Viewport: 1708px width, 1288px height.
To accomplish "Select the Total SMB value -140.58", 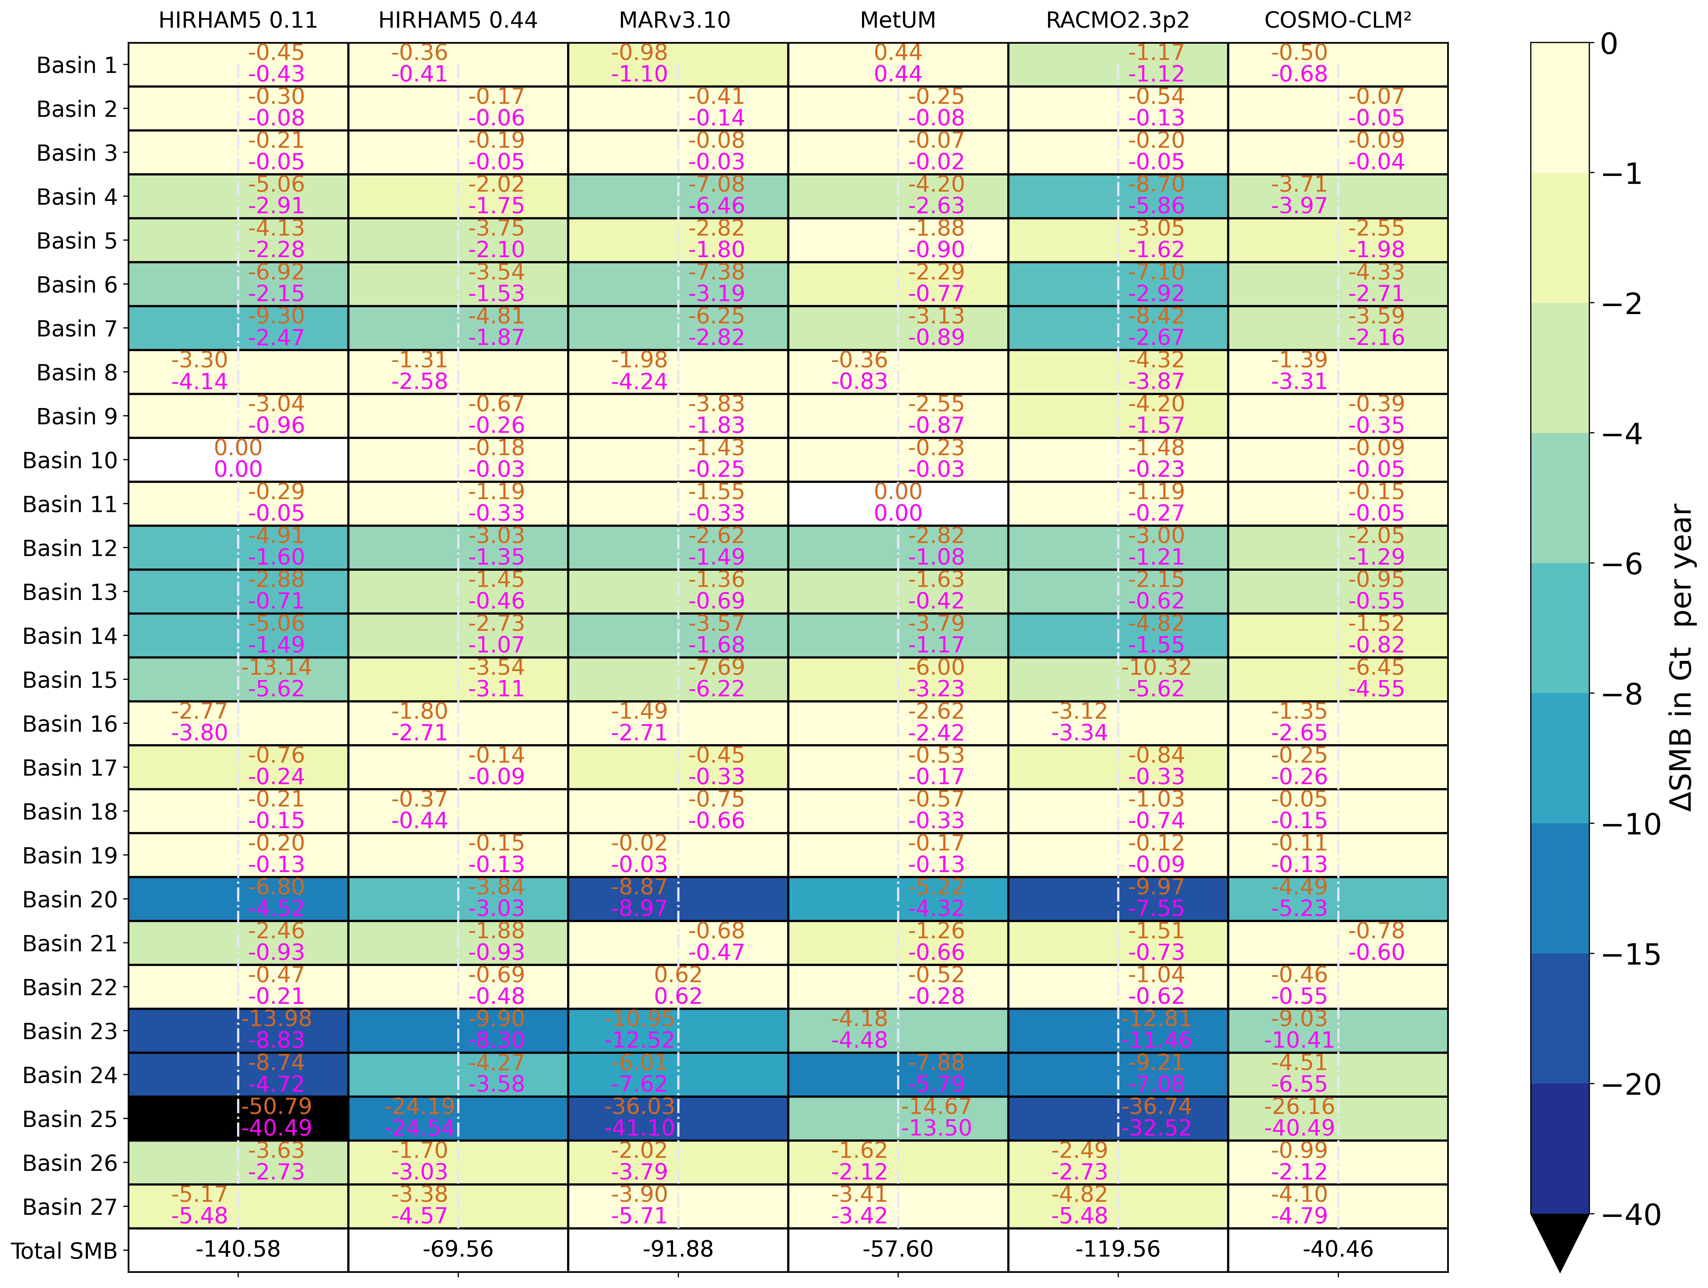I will pyautogui.click(x=238, y=1249).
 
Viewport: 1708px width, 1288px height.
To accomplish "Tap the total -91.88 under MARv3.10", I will pyautogui.click(x=678, y=1249).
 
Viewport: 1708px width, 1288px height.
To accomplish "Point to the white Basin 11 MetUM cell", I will pyautogui.click(x=898, y=503).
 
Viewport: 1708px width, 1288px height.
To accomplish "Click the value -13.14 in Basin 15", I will pyautogui.click(x=277, y=667).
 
